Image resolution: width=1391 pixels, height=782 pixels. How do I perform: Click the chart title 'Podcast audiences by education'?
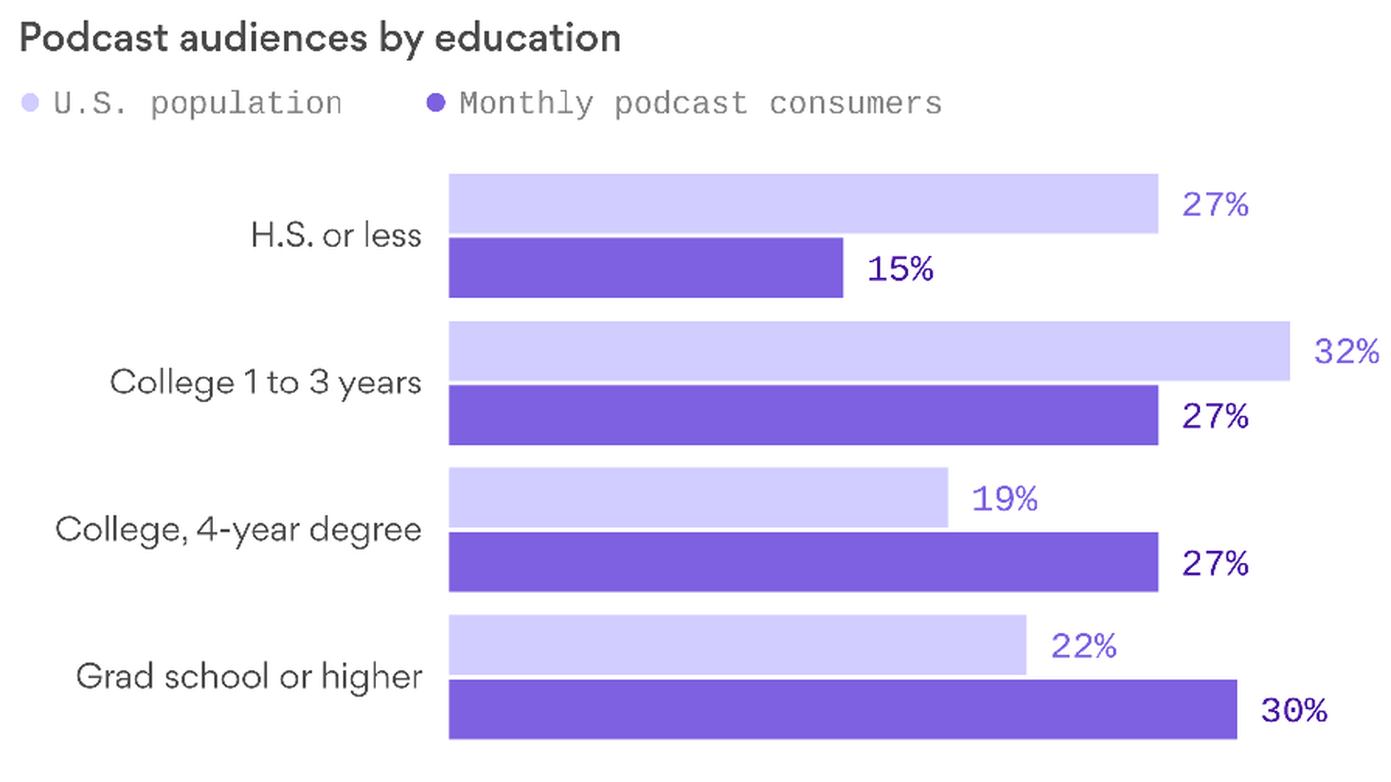click(x=320, y=38)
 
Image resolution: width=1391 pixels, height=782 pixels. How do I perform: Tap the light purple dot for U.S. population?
click(x=30, y=103)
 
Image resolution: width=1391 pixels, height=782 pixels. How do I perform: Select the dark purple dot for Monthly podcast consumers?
click(x=435, y=103)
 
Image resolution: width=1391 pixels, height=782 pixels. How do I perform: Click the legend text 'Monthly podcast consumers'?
click(x=701, y=104)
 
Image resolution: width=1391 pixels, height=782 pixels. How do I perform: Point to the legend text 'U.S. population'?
click(x=198, y=104)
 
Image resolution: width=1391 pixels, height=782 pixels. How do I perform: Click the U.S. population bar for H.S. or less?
click(x=803, y=203)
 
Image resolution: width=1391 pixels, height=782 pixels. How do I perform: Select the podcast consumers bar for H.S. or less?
click(x=646, y=267)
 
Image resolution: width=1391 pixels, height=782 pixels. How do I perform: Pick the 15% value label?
click(x=901, y=269)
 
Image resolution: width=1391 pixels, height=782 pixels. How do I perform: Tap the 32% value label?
click(x=1346, y=352)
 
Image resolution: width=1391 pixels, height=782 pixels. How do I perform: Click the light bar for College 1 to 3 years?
click(x=869, y=351)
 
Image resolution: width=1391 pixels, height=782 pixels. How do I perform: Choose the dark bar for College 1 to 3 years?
click(x=803, y=415)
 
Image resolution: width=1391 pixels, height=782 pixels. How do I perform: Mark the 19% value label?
click(x=1004, y=499)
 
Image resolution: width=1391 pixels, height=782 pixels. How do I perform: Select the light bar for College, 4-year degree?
click(x=698, y=497)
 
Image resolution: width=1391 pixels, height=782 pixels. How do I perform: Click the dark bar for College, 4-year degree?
click(x=803, y=562)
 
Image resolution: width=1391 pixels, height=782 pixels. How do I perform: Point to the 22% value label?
click(x=1083, y=646)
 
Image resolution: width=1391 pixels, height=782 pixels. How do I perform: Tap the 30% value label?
click(x=1294, y=710)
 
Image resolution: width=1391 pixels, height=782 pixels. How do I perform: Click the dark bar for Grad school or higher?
click(x=843, y=709)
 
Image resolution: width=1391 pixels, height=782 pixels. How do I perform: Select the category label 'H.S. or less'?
click(x=336, y=235)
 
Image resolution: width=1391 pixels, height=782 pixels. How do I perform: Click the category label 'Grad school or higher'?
click(x=249, y=676)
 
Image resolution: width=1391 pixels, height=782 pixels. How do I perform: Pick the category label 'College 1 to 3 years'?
click(x=265, y=382)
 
